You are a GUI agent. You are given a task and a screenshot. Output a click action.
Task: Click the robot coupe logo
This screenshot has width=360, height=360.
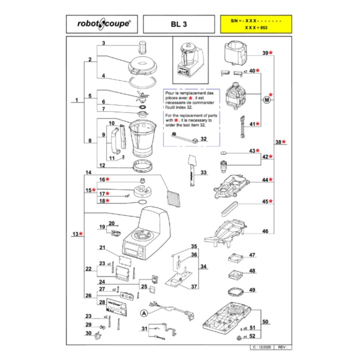(x=102, y=25)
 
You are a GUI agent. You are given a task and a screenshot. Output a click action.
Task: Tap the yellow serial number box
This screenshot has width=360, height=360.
(x=255, y=24)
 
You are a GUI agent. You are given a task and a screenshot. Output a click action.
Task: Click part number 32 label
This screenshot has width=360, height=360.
(x=204, y=139)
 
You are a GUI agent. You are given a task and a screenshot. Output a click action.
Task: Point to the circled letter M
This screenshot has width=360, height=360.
(x=267, y=100)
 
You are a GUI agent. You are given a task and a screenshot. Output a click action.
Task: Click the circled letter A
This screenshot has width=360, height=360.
(x=144, y=313)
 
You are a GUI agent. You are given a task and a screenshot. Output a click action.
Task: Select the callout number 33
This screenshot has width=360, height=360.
(x=204, y=173)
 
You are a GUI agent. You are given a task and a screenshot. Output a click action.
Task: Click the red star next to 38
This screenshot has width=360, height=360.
(x=284, y=142)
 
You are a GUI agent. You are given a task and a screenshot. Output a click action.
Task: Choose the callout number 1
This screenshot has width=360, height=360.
(x=76, y=101)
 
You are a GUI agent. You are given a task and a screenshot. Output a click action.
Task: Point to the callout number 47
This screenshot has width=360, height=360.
(x=252, y=255)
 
